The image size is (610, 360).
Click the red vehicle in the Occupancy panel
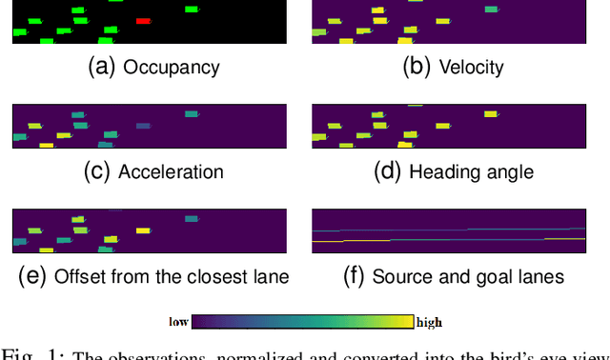tap(143, 20)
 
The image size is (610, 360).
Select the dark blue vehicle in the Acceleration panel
tap(143, 126)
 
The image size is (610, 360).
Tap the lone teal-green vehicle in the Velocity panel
tap(491, 10)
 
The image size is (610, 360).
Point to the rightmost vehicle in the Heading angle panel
tap(491, 114)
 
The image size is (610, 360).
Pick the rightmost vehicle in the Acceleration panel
tap(192, 114)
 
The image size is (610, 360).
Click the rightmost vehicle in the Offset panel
tap(192, 219)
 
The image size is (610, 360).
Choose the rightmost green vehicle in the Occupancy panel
tap(192, 10)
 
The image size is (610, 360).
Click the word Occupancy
tap(172, 68)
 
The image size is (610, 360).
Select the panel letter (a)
tap(101, 68)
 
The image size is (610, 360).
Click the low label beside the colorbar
tap(178, 322)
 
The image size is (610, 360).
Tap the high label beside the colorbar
tap(429, 322)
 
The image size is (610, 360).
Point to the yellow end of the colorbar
tap(406, 322)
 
